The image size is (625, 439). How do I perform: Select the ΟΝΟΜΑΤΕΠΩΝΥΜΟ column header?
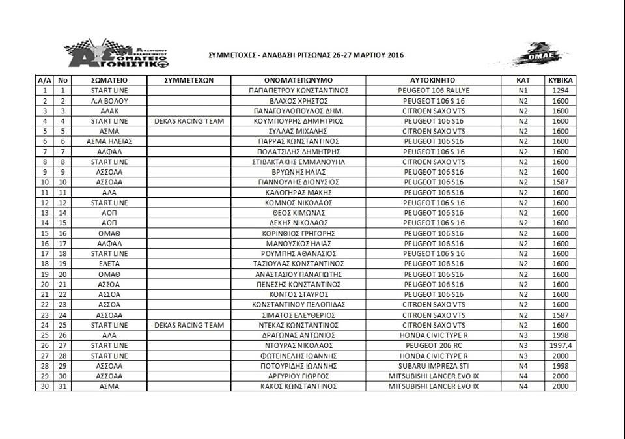click(x=299, y=80)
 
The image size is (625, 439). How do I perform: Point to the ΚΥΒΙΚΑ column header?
click(x=560, y=80)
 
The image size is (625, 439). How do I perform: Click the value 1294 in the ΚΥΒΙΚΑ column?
click(x=560, y=91)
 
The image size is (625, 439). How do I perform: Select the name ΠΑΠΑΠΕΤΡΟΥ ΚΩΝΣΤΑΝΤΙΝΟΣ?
click(x=299, y=91)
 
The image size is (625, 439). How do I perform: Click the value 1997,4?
click(x=560, y=345)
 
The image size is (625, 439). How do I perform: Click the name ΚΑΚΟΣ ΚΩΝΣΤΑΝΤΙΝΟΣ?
click(x=299, y=386)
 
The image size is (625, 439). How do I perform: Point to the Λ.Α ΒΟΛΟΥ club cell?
click(x=109, y=101)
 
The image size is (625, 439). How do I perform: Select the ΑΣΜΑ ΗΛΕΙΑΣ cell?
click(x=109, y=141)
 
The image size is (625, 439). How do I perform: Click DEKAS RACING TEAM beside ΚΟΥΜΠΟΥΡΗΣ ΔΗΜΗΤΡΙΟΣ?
click(x=189, y=121)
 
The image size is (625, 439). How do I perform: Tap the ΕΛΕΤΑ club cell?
click(x=109, y=264)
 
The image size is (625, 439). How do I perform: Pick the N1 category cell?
click(x=523, y=91)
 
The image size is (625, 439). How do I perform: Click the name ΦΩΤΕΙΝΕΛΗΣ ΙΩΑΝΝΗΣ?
click(x=299, y=356)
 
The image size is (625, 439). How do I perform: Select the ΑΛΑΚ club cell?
click(x=109, y=111)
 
